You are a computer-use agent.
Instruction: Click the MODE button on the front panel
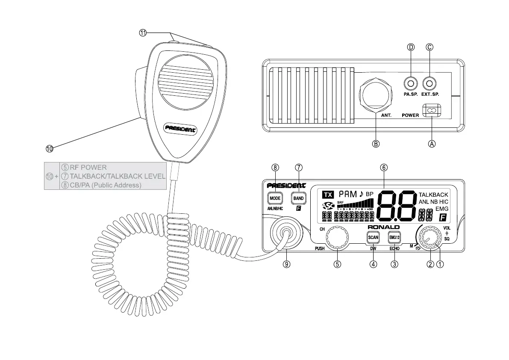click(x=275, y=198)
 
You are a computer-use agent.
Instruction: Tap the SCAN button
click(x=373, y=237)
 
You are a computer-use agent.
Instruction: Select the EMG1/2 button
click(x=394, y=237)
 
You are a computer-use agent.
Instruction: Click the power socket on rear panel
click(x=431, y=110)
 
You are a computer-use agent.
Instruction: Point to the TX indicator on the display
click(x=328, y=195)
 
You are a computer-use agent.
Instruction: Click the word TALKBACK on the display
click(x=433, y=195)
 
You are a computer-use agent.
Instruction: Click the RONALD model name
click(x=384, y=227)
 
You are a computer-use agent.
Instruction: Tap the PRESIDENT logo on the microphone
click(x=181, y=128)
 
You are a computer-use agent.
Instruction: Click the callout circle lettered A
click(x=432, y=144)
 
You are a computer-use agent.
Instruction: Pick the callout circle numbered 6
click(x=384, y=167)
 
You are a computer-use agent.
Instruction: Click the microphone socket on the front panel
click(x=285, y=233)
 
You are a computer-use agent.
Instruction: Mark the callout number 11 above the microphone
click(x=143, y=33)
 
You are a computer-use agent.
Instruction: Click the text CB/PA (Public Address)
click(x=105, y=185)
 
